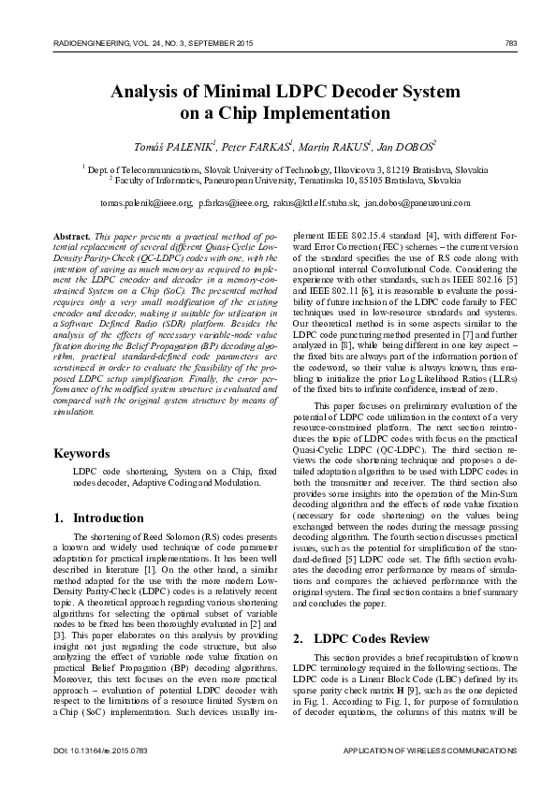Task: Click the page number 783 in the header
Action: pyautogui.click(x=510, y=43)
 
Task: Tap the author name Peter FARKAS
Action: pyautogui.click(x=256, y=146)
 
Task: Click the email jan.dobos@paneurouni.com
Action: pyautogui.click(x=417, y=202)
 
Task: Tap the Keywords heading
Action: pyautogui.click(x=82, y=454)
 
